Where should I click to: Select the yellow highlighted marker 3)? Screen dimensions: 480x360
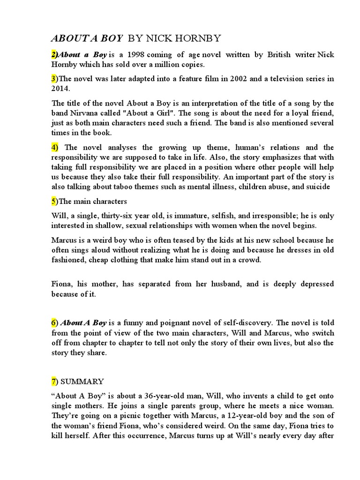point(54,78)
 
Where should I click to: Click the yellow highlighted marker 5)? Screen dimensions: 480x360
point(54,202)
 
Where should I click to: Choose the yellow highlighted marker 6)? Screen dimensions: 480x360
point(54,323)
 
